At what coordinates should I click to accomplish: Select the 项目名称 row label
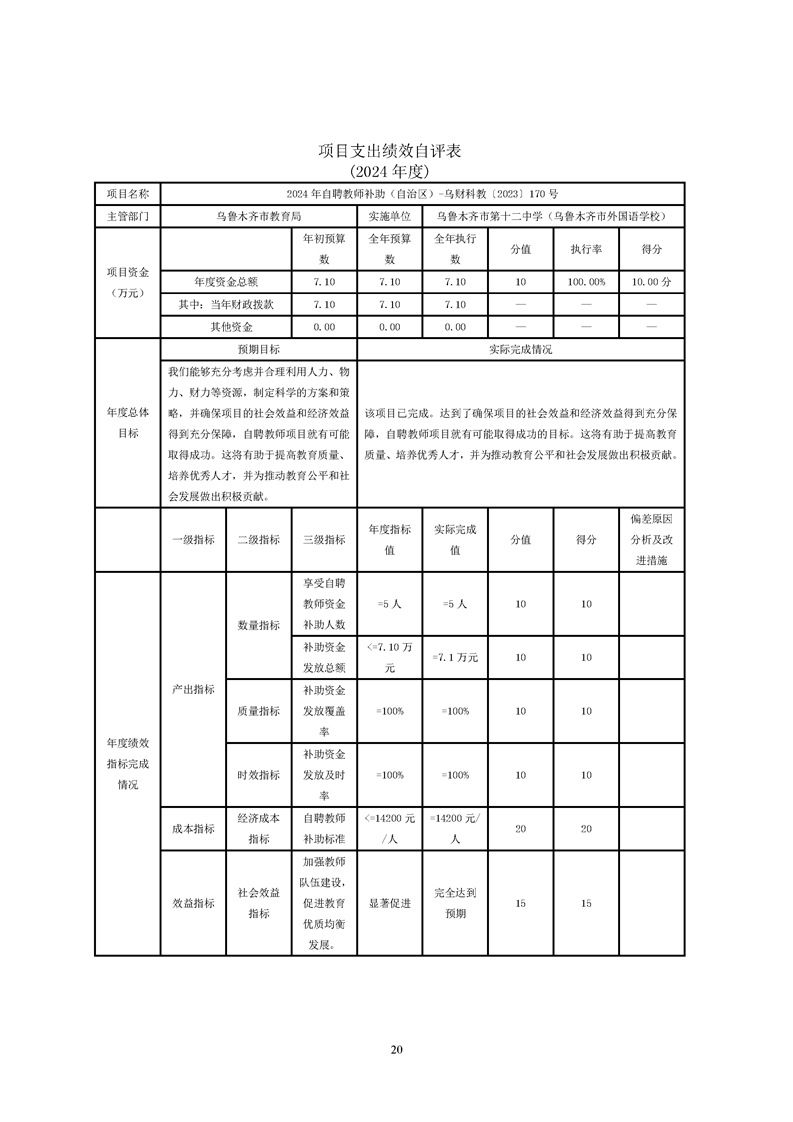point(127,193)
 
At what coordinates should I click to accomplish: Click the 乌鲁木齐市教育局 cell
point(258,216)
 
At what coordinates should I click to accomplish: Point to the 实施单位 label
point(389,216)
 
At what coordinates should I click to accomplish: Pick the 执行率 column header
point(586,249)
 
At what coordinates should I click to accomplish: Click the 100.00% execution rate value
point(586,282)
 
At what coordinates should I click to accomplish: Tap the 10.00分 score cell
point(651,282)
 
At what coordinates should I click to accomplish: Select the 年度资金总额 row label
point(226,282)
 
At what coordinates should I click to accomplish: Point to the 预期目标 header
point(258,350)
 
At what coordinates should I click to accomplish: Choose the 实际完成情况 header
point(520,350)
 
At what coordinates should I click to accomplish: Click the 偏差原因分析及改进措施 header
point(651,540)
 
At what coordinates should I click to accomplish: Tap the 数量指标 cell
point(258,625)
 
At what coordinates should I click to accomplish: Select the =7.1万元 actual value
point(455,657)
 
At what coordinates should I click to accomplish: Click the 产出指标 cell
point(193,689)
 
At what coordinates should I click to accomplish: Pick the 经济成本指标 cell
point(258,829)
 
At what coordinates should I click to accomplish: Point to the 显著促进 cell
point(389,903)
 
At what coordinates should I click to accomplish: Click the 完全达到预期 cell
point(455,903)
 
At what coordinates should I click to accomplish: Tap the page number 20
point(396,1049)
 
